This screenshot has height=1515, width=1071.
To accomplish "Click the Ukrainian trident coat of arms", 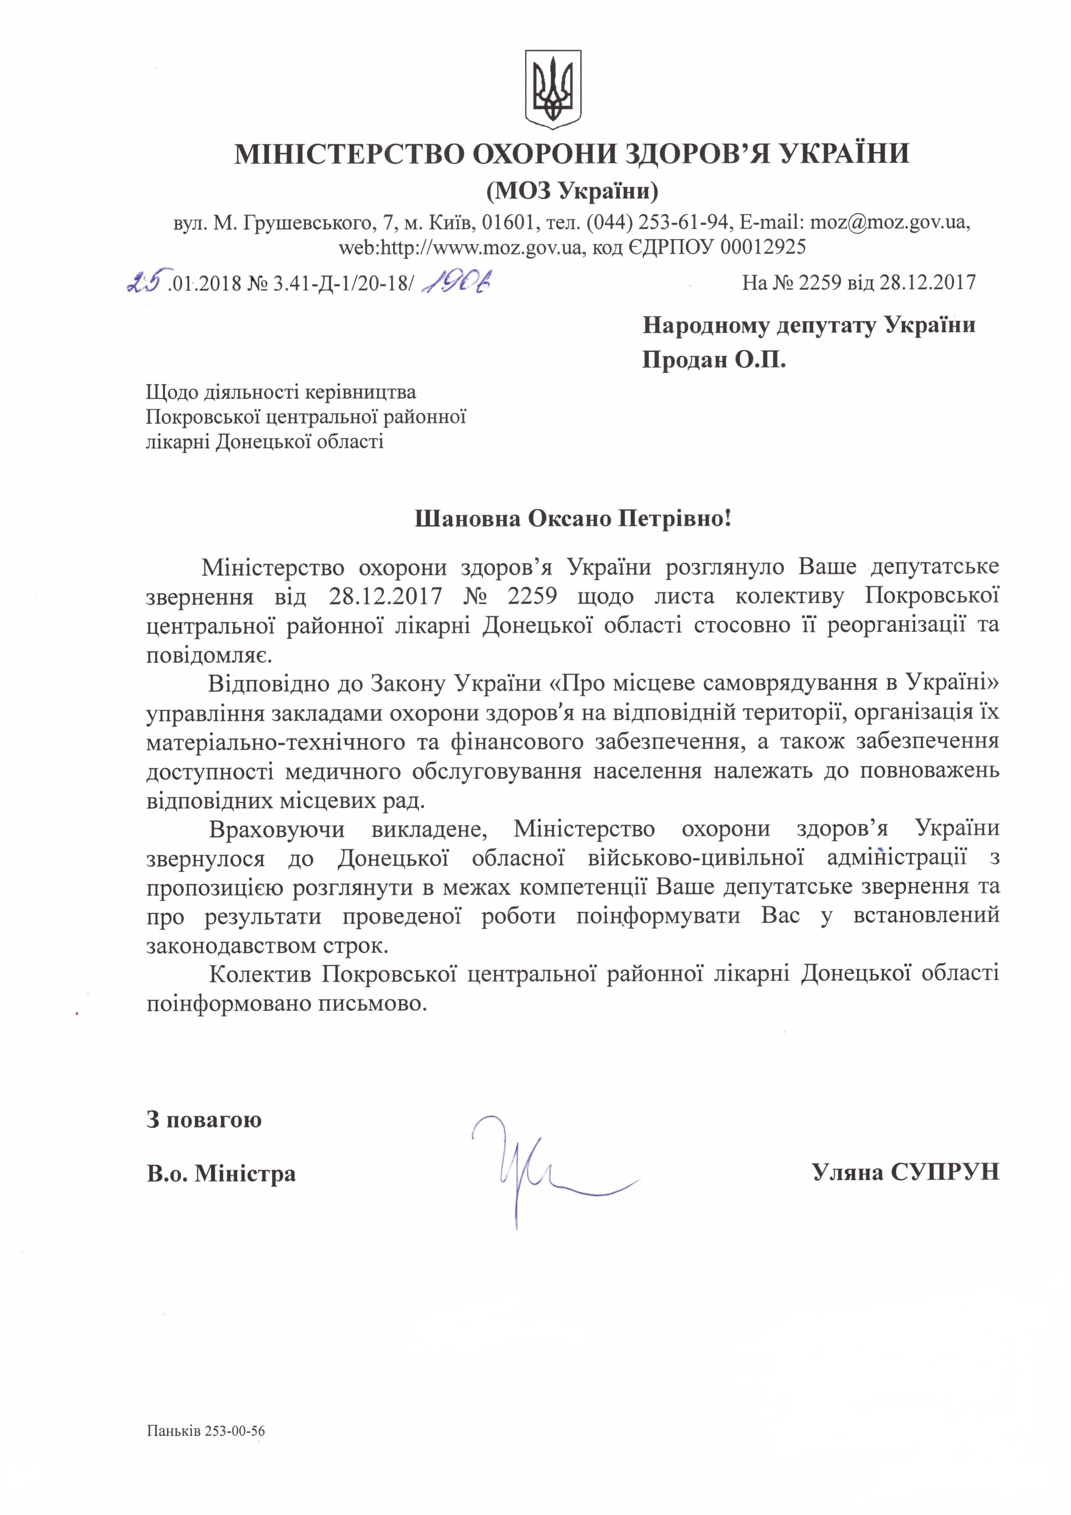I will pos(552,86).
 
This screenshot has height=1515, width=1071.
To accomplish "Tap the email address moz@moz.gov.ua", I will pos(888,222).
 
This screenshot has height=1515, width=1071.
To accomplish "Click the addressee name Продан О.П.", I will pos(714,360).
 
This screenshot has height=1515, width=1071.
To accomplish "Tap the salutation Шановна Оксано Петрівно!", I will pos(573,519).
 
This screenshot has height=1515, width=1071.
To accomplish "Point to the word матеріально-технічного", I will pos(275,742).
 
